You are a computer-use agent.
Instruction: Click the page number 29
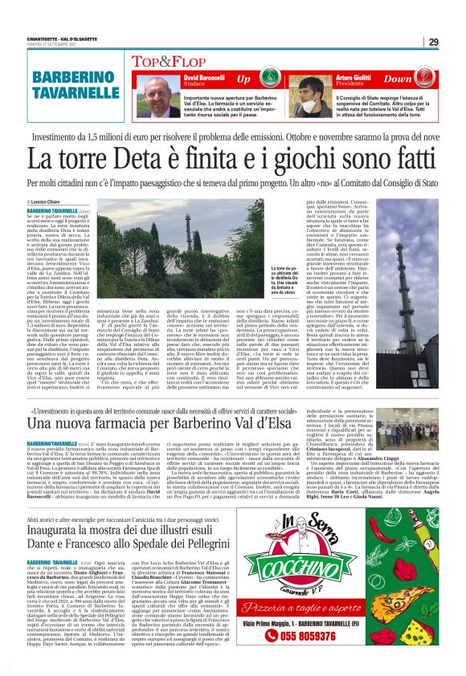433,42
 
